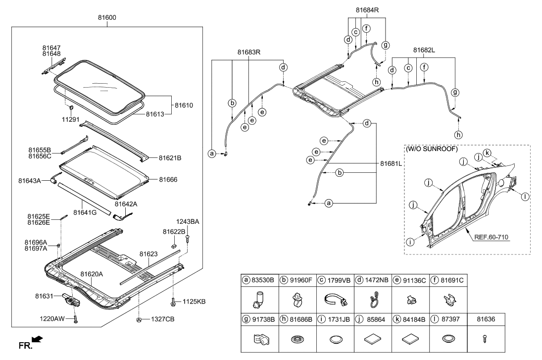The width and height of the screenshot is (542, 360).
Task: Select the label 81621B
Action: [x=170, y=158]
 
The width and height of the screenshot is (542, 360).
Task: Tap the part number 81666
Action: [x=168, y=179]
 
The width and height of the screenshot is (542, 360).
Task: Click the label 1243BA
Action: [x=188, y=221]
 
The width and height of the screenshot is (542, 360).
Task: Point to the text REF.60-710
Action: [x=492, y=237]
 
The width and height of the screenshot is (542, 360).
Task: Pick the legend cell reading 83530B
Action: [x=261, y=280]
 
